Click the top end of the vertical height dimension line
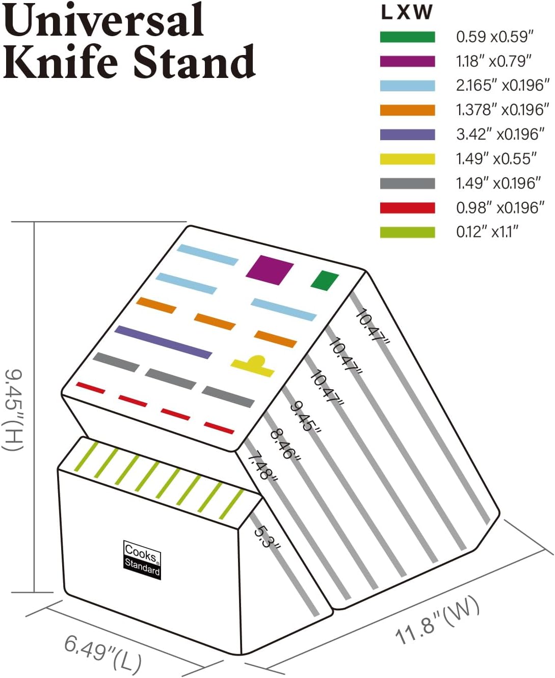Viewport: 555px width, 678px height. click(34, 222)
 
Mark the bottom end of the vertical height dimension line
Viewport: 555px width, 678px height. click(34, 592)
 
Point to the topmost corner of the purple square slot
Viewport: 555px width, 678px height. click(259, 256)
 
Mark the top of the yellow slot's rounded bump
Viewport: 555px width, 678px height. click(256, 356)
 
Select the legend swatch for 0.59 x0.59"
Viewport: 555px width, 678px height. click(407, 37)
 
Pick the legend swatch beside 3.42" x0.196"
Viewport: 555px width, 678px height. click(407, 134)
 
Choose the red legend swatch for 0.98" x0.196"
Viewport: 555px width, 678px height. click(407, 208)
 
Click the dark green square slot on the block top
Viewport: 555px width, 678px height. click(325, 281)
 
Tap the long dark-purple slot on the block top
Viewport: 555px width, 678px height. click(164, 342)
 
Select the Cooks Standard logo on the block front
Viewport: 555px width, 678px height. click(142, 560)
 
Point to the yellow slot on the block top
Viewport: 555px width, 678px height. click(253, 366)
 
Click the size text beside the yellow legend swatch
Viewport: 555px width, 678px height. click(496, 159)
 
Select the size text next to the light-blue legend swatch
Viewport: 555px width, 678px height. click(503, 86)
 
